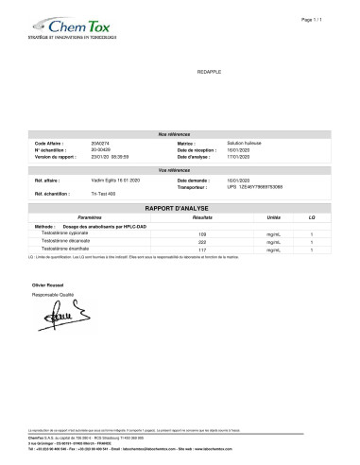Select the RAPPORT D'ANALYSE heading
(x=180, y=205)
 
